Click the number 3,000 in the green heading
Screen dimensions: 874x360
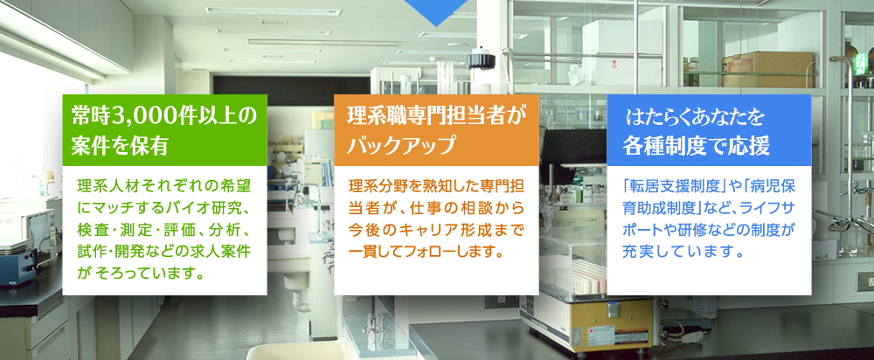(145, 116)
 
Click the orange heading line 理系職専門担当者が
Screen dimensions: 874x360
(436, 116)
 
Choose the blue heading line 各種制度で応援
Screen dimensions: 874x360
(697, 145)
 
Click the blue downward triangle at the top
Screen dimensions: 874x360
(436, 11)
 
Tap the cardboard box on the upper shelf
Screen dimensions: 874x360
(768, 69)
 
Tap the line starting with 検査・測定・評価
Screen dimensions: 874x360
(164, 230)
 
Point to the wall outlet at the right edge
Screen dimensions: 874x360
(864, 282)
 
